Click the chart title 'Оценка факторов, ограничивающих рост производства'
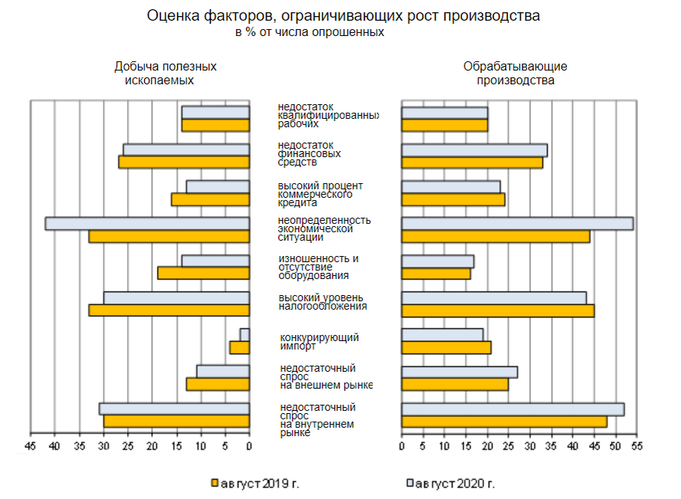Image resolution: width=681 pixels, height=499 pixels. click(341, 16)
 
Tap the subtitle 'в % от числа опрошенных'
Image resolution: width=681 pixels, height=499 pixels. click(309, 33)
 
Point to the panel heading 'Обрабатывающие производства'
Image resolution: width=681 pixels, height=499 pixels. click(515, 74)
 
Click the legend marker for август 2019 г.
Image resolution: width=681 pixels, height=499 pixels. click(214, 483)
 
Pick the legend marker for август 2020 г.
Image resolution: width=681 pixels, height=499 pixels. click(410, 483)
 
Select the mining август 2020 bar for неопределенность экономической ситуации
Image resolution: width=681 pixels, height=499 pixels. click(147, 224)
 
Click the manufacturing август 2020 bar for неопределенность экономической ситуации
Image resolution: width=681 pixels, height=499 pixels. click(517, 224)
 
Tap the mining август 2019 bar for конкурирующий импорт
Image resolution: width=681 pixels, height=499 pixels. click(240, 348)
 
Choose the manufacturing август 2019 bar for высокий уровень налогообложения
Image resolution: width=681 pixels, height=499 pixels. click(497, 310)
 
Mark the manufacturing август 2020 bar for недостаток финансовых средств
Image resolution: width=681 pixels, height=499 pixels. click(474, 149)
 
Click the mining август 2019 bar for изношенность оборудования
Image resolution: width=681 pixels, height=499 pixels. click(204, 274)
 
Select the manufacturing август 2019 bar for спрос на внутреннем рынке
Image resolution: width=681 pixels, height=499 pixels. click(504, 422)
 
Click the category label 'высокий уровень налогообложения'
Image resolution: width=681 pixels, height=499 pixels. click(322, 302)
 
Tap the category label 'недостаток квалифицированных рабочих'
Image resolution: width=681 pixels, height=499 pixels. click(327, 115)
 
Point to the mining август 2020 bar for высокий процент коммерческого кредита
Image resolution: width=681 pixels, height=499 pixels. click(218, 187)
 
